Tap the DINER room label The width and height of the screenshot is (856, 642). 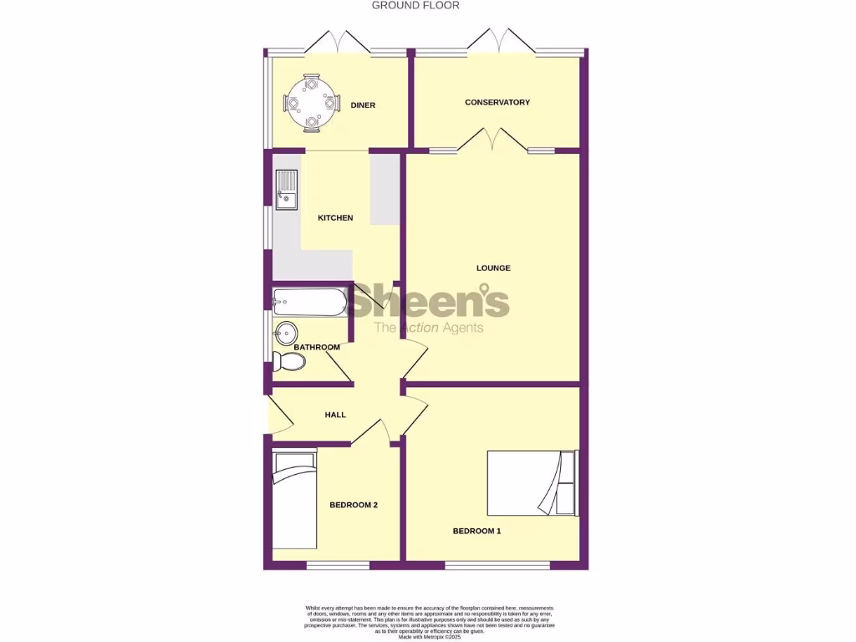pyautogui.click(x=363, y=105)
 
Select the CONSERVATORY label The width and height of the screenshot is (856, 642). pyautogui.click(x=497, y=103)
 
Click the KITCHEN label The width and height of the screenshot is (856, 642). pyautogui.click(x=335, y=218)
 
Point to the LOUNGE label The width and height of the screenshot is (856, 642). pyautogui.click(x=493, y=268)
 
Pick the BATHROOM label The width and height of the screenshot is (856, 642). pyautogui.click(x=317, y=348)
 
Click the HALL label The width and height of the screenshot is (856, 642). pyautogui.click(x=335, y=415)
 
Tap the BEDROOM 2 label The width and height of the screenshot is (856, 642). pyautogui.click(x=354, y=505)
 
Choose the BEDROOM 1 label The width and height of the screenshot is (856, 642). pyautogui.click(x=476, y=531)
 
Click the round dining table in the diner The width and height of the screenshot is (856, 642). pyautogui.click(x=311, y=104)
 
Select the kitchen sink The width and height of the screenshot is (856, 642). pyautogui.click(x=285, y=188)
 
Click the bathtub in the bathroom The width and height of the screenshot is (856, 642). pyautogui.click(x=308, y=302)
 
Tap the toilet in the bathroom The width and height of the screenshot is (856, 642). pyautogui.click(x=288, y=361)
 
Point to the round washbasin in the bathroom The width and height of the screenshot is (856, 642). pyautogui.click(x=285, y=332)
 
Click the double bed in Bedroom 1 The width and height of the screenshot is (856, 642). pyautogui.click(x=532, y=483)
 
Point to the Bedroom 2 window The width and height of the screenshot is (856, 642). pyautogui.click(x=338, y=566)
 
